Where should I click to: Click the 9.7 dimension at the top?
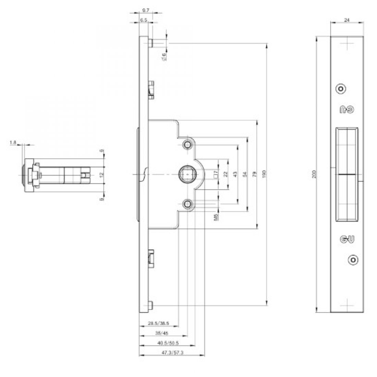(144, 11)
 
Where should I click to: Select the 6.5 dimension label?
(144, 21)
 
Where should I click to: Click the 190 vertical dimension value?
(264, 174)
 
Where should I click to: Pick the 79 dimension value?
(254, 174)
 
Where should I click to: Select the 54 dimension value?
(245, 174)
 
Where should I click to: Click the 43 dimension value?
(235, 174)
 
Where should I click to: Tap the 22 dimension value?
(226, 174)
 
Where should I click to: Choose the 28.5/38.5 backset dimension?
(158, 323)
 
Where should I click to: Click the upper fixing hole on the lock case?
(187, 145)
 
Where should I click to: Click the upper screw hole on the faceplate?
(340, 89)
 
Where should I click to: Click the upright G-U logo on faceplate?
(346, 239)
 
